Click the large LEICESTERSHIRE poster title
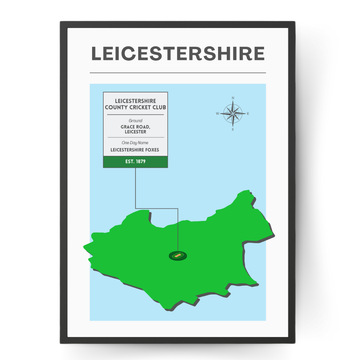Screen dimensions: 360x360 point(178,54)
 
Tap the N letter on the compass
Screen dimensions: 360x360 point(233,98)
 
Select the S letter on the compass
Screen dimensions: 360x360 point(233,130)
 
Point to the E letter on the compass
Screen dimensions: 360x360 point(248,114)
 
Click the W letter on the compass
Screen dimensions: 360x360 point(217,114)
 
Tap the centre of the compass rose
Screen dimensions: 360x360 point(233,114)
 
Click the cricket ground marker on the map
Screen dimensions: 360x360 point(178,256)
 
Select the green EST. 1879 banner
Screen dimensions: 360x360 point(135,162)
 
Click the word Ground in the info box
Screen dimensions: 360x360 point(135,121)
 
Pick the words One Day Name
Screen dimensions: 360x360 point(135,143)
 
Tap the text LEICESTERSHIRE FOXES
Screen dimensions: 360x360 point(135,150)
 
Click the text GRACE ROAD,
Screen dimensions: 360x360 point(135,127)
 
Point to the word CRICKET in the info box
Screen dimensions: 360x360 point(144,107)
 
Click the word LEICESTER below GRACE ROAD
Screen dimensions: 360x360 point(135,132)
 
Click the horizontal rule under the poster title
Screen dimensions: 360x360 point(178,73)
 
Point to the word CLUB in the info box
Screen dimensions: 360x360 point(160,107)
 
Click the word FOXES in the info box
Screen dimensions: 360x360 point(152,150)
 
